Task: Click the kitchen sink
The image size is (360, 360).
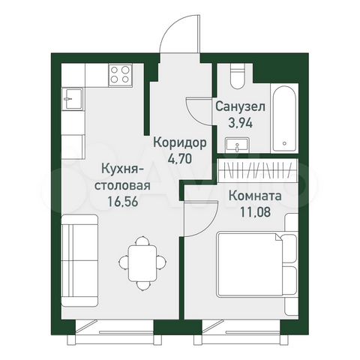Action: (x=73, y=96)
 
